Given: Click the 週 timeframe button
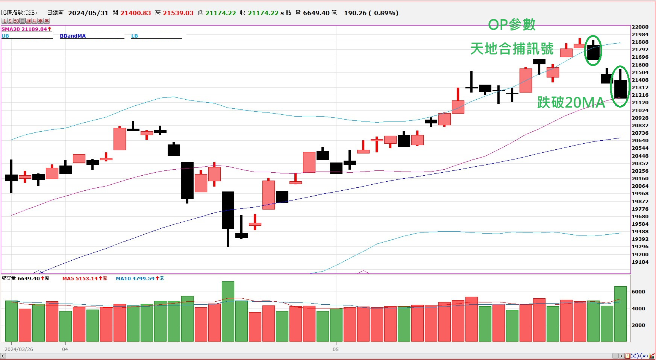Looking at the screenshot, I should click(x=29, y=21).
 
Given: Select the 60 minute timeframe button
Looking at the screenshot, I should click(x=16, y=21).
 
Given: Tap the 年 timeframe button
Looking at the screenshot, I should click(x=47, y=21).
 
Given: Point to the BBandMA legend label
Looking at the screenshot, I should click(x=73, y=36).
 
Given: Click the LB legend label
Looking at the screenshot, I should click(x=135, y=36).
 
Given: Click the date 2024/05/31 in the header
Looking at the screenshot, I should click(x=88, y=13).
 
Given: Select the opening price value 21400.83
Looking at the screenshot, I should click(x=135, y=13).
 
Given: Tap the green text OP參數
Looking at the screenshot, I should click(x=512, y=25).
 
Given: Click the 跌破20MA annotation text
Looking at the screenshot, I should click(x=571, y=102).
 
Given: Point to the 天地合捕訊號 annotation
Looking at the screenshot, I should click(x=512, y=49).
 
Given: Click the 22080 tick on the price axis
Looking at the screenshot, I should click(x=640, y=27).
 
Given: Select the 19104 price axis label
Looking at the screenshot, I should click(x=640, y=262).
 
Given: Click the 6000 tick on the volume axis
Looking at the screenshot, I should click(x=638, y=292).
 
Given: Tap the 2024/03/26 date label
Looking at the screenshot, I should click(x=19, y=349).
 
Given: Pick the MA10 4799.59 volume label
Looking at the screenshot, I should click(x=135, y=279).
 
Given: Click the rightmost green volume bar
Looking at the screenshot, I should click(x=620, y=314).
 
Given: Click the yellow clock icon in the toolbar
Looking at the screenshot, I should click(x=627, y=356).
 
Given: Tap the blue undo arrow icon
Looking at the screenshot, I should click(x=645, y=356).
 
